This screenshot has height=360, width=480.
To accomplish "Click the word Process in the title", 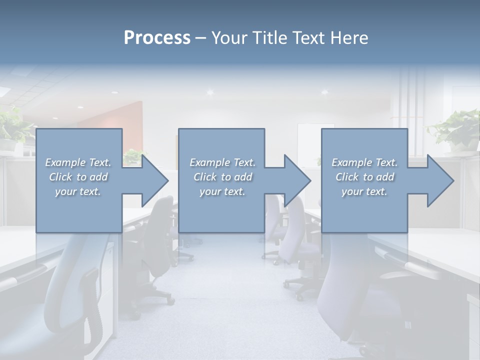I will [x=157, y=38].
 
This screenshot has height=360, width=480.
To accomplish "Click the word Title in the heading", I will [x=270, y=38].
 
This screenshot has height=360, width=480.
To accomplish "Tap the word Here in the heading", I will [x=349, y=38].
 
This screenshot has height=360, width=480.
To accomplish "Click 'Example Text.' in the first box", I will [x=78, y=162].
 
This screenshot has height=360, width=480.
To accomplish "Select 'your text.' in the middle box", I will [x=222, y=191].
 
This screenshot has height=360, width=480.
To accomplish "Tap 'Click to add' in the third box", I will [x=364, y=177].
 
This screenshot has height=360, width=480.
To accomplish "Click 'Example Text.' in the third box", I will [x=364, y=162].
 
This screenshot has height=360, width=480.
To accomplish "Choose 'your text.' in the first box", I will [x=78, y=191].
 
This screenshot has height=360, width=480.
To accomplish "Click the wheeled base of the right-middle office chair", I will [x=300, y=287].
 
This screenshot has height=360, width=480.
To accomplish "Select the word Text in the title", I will [x=310, y=38].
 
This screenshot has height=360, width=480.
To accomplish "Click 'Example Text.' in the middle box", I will [x=222, y=162].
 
